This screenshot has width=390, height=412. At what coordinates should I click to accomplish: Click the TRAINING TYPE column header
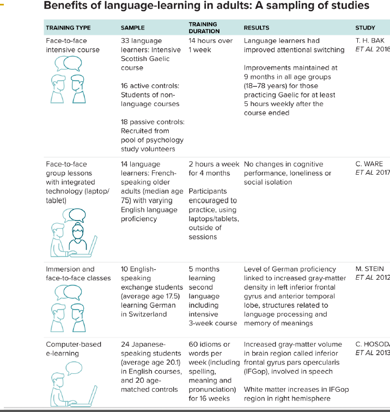point(68,28)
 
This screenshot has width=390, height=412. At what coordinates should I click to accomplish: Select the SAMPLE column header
point(132,28)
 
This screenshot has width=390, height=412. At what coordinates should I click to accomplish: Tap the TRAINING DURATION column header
point(203,28)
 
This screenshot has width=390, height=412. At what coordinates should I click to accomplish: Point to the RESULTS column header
point(257,28)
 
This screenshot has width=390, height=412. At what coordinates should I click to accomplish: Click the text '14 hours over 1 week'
point(210,45)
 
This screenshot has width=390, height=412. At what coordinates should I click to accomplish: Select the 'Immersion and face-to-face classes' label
point(78,273)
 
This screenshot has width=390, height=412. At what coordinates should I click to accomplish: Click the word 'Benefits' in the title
point(64,7)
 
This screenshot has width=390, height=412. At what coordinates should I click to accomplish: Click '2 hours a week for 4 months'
point(214,168)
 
